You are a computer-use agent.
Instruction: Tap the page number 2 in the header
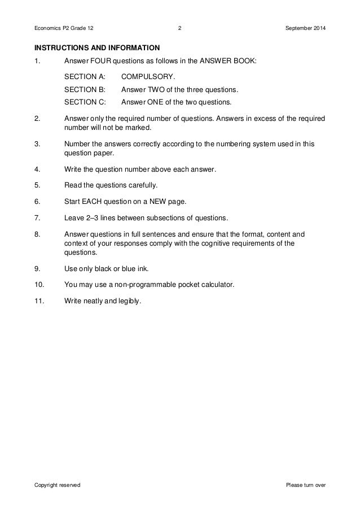(x=179, y=28)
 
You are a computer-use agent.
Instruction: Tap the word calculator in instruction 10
(x=214, y=285)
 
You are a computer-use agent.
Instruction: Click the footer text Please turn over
(x=306, y=486)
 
